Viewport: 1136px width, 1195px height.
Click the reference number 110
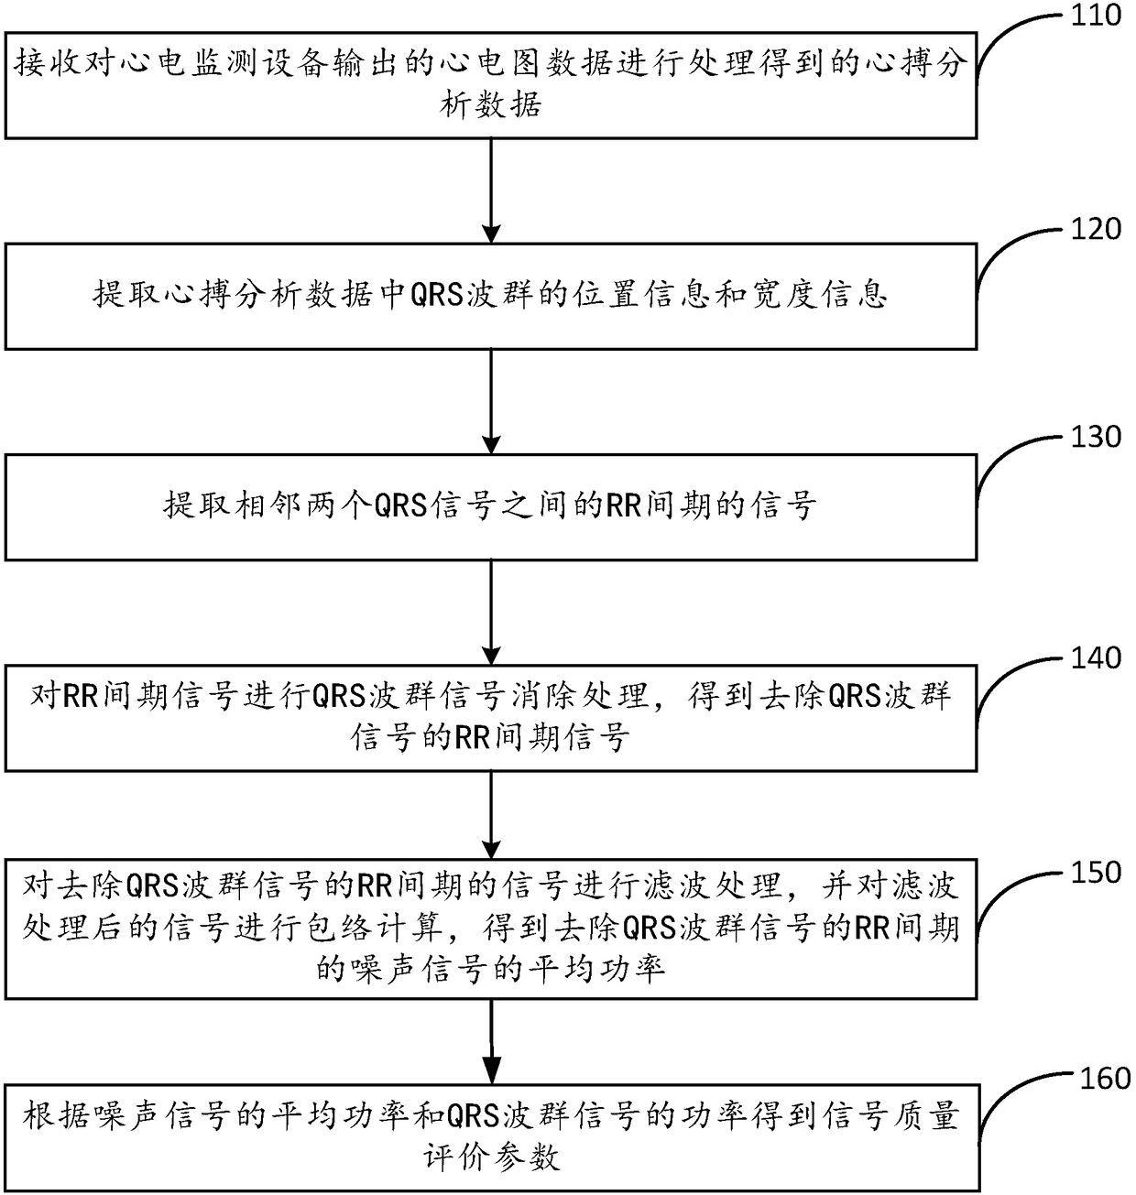(1096, 16)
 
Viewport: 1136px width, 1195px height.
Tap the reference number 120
(1096, 229)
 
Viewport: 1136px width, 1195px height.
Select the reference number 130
(1096, 437)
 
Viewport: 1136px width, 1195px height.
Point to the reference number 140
(1096, 657)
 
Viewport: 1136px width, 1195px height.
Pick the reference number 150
(1096, 872)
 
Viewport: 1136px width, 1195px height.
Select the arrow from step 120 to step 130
(492, 401)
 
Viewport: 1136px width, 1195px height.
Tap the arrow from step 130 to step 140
(492, 612)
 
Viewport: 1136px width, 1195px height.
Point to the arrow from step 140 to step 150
(492, 814)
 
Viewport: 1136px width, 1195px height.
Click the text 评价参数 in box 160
(491, 1157)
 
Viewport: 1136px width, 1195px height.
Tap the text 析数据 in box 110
(491, 104)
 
